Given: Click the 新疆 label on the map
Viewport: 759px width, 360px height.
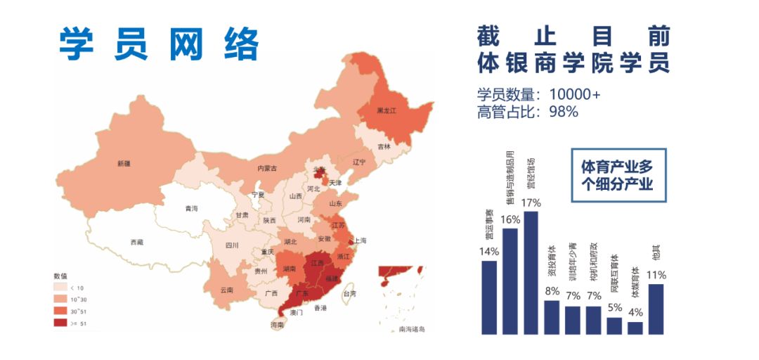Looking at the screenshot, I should [x=124, y=163].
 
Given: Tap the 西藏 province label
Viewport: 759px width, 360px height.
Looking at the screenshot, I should [x=136, y=242].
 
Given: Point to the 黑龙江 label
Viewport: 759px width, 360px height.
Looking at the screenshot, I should [x=387, y=111].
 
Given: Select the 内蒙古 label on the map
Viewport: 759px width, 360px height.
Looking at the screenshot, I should [x=267, y=168].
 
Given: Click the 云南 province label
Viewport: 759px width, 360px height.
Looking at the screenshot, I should [x=226, y=290].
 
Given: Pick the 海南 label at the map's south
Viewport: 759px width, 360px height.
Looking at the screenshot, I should [x=278, y=325].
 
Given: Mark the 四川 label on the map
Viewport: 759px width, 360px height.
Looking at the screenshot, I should [x=232, y=245].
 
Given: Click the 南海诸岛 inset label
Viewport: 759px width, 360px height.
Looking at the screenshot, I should [x=412, y=328].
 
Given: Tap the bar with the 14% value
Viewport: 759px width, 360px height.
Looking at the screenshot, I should [x=489, y=297].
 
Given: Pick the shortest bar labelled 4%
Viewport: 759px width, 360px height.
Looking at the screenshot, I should [x=635, y=328].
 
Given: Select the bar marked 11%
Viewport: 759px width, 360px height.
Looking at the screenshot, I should [x=656, y=309].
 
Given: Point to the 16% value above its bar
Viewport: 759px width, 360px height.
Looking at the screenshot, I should [x=510, y=220].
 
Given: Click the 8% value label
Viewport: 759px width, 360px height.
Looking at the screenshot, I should [x=552, y=291].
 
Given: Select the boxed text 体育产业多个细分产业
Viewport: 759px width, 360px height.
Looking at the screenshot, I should [x=616, y=176].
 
